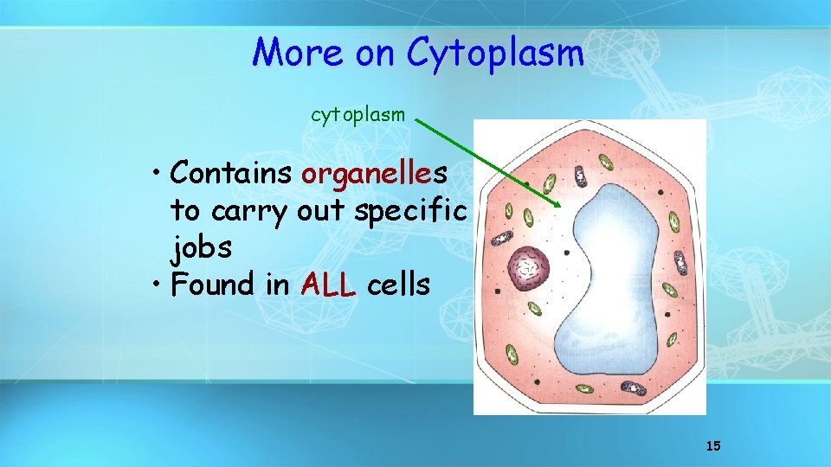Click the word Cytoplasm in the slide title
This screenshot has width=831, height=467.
point(495,54)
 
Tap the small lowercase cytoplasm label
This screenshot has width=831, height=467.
point(358,114)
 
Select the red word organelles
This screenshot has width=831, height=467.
point(374,173)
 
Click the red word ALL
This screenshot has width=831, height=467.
point(329,285)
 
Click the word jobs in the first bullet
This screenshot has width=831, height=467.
point(202,248)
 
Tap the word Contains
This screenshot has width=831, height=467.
point(231,173)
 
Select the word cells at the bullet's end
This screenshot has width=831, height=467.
point(398,285)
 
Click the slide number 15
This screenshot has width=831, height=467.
point(713,445)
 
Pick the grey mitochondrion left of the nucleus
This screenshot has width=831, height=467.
point(501,238)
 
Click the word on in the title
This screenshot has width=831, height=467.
point(374,54)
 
